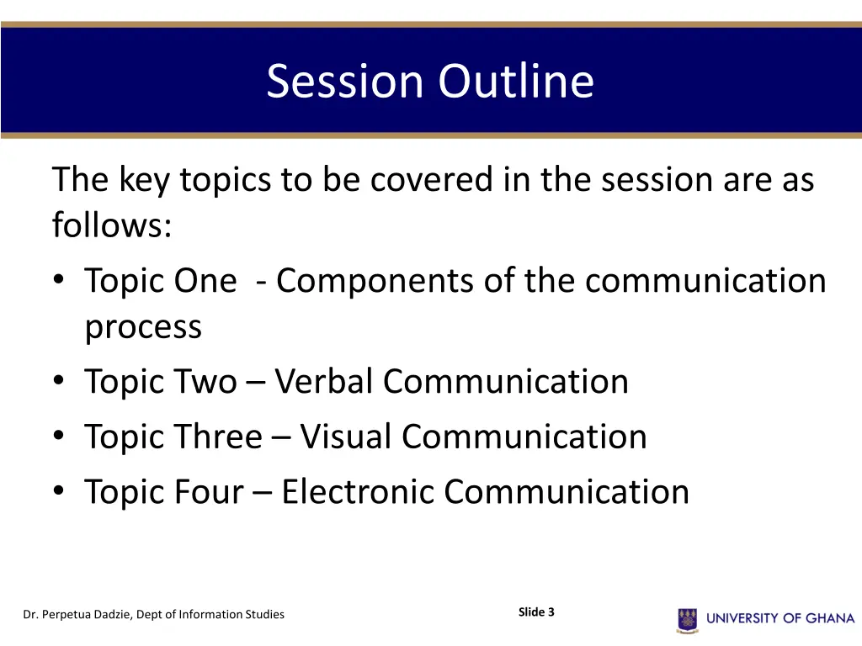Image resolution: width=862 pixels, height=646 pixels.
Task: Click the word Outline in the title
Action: pos(515,82)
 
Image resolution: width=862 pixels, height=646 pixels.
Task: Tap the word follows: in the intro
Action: pos(112,225)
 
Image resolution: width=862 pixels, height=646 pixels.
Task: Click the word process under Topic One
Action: pos(143,327)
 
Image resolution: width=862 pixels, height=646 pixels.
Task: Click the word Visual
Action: pos(346,437)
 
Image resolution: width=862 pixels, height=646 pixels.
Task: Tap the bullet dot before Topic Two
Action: pos(58,383)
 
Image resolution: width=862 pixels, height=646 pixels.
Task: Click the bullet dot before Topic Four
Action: pos(58,493)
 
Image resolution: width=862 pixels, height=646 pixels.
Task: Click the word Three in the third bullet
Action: pos(220,437)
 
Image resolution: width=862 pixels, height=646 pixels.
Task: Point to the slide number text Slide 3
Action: pos(536,612)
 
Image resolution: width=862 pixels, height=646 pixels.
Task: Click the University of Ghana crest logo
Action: pos(688,620)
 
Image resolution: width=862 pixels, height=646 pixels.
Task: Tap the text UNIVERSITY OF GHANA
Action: pos(780,619)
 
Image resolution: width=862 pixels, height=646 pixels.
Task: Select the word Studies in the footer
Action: pos(265,615)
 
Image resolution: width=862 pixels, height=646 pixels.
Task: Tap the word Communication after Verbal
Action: pos(506,382)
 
